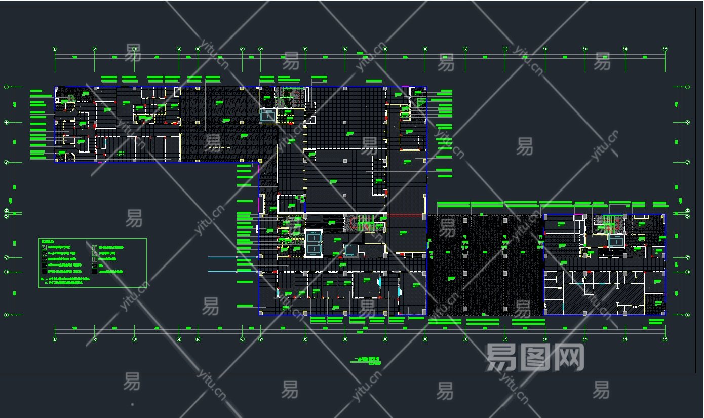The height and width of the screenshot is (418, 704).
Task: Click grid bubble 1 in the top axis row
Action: [55, 49]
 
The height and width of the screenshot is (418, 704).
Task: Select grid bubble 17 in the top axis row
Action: [665, 49]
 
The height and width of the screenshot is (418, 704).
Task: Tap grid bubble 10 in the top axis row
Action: [385, 49]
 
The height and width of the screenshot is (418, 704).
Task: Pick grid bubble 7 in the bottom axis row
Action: [261, 339]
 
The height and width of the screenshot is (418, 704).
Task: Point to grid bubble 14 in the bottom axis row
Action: [545, 339]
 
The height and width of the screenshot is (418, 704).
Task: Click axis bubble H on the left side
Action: [7, 87]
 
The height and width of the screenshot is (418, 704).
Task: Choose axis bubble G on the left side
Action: [7, 122]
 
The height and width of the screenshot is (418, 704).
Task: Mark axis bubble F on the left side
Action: [7, 163]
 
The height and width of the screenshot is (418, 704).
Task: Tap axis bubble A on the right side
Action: [687, 315]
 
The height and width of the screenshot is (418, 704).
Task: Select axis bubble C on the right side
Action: [687, 257]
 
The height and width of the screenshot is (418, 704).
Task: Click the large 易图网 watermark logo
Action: [535, 358]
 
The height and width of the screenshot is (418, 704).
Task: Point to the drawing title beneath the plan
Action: [365, 360]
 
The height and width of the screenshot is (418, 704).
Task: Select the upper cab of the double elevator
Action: [314, 236]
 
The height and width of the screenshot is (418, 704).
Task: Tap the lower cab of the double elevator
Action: [314, 250]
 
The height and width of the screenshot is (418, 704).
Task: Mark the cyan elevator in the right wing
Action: [616, 242]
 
